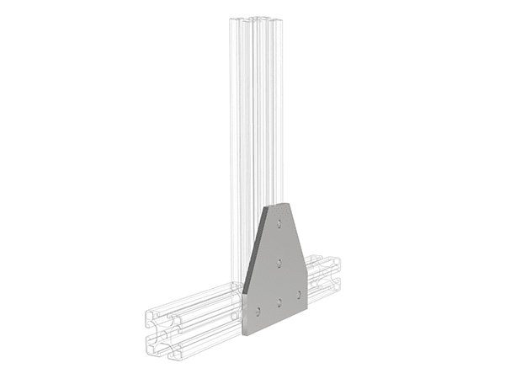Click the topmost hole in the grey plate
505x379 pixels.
[x=279, y=223]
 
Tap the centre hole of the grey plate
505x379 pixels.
[x=279, y=264]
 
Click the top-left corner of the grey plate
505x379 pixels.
[x=268, y=206]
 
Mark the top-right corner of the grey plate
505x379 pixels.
[x=288, y=202]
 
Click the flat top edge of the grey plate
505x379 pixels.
[x=279, y=204]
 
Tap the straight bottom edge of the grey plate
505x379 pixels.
[x=277, y=322]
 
